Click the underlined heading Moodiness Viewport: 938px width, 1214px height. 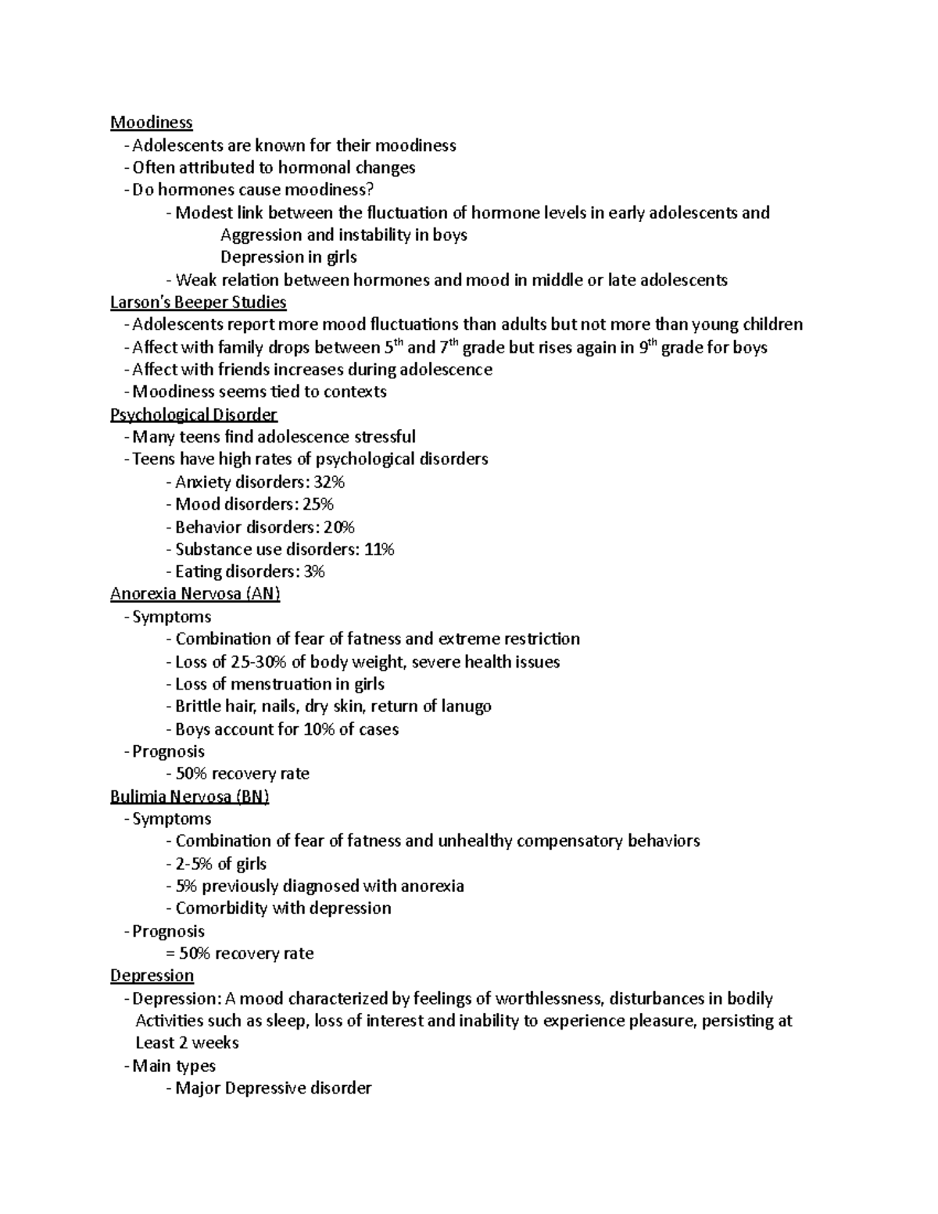coord(151,123)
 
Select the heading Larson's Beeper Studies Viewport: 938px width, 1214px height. coord(198,303)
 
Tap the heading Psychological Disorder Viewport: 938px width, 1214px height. coord(193,414)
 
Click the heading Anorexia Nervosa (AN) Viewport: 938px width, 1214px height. coord(195,594)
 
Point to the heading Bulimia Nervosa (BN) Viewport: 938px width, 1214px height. coord(189,797)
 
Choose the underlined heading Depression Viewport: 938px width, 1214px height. coord(152,976)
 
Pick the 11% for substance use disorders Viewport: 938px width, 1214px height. coord(379,550)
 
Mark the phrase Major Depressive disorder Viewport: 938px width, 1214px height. coord(273,1088)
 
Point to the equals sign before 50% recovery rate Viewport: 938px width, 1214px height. coord(171,954)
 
